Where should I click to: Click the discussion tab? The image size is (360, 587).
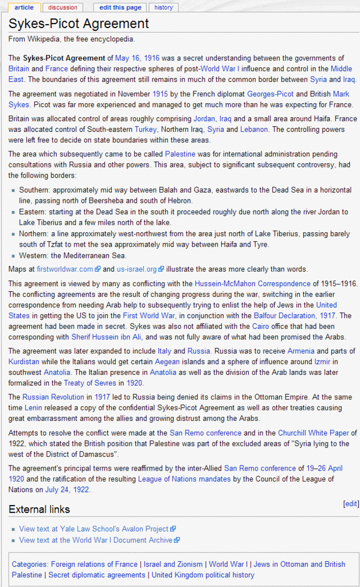click(62, 7)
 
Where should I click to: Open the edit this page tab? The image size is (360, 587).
click(120, 7)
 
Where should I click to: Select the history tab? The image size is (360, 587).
click(163, 7)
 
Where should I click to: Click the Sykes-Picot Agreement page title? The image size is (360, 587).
click(79, 24)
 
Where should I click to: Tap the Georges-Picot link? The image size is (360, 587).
click(270, 94)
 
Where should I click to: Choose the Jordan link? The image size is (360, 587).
click(205, 119)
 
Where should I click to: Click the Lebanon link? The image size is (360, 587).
click(254, 130)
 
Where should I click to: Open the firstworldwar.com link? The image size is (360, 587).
click(65, 269)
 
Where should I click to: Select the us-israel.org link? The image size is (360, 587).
click(136, 269)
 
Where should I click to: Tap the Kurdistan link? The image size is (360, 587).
click(24, 362)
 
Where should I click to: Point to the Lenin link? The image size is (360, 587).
click(33, 408)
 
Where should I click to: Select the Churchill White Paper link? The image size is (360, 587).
click(314, 433)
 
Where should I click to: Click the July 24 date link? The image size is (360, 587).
click(59, 490)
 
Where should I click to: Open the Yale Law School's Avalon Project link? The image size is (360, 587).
click(93, 529)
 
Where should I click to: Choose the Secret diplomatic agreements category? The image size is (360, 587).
click(97, 575)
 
